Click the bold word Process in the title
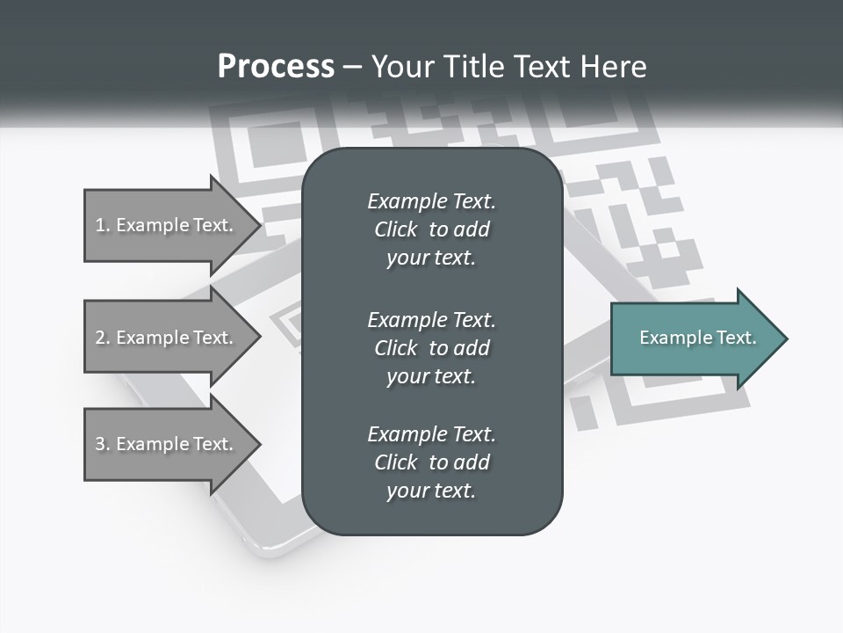[276, 67]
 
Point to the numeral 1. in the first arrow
[103, 225]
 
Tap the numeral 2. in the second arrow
[103, 338]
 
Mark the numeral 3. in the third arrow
[103, 444]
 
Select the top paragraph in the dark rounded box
[432, 229]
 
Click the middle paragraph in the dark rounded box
[432, 348]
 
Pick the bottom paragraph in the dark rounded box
[432, 462]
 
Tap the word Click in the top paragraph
[396, 229]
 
